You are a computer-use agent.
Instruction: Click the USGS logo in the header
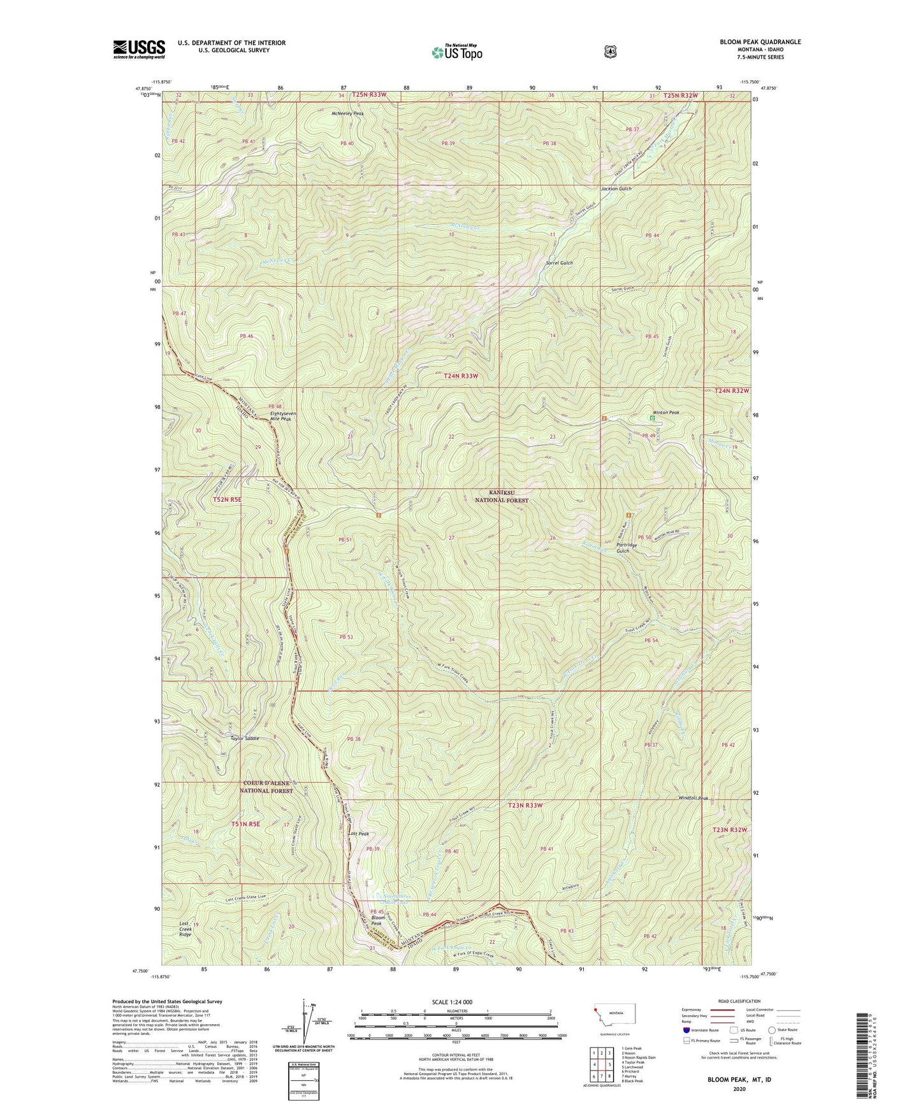pyautogui.click(x=139, y=49)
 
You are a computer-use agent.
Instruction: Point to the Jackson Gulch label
pyautogui.click(x=616, y=189)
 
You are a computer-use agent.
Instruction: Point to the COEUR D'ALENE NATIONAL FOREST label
pyautogui.click(x=266, y=787)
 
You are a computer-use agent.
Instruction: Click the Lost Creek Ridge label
pyautogui.click(x=185, y=929)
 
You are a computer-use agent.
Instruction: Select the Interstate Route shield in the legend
pyautogui.click(x=686, y=1029)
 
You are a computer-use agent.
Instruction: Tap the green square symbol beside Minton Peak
pyautogui.click(x=652, y=418)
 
